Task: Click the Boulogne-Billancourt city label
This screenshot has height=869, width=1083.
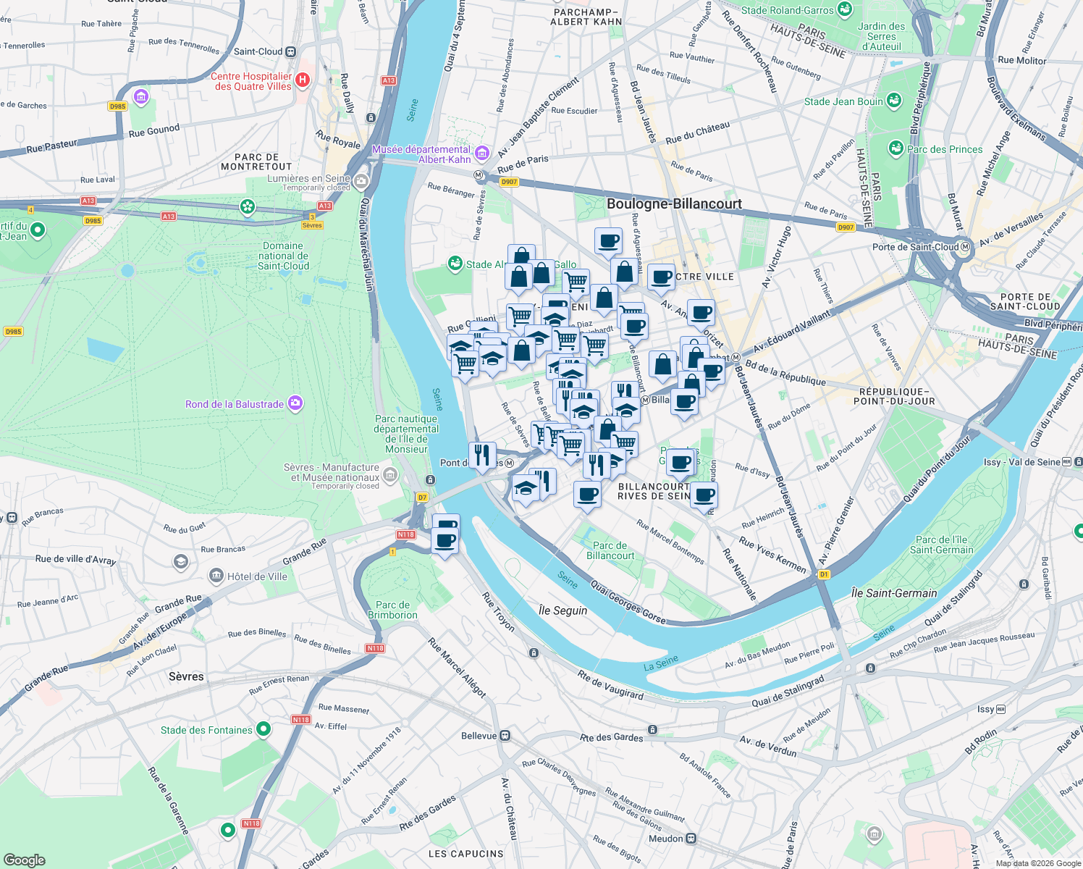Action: [674, 203]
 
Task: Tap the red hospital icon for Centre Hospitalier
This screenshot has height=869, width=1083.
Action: [303, 80]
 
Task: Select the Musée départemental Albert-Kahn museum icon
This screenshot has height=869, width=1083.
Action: [482, 153]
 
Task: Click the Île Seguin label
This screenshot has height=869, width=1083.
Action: [563, 610]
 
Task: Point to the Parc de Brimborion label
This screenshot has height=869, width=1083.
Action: [392, 610]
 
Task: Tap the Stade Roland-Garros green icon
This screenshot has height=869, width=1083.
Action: [844, 9]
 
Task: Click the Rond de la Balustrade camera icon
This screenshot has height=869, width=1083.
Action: [295, 403]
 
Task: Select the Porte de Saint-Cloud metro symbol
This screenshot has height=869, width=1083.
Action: [964, 247]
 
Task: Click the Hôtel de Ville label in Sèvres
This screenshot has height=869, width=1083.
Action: [257, 576]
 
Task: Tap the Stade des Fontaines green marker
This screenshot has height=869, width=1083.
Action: [264, 729]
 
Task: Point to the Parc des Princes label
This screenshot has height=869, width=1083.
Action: [945, 149]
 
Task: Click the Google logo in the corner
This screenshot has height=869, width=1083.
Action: [25, 860]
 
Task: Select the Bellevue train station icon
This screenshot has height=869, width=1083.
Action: [505, 736]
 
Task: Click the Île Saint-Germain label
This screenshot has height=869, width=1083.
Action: [894, 593]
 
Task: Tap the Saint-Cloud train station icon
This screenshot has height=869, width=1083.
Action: [290, 51]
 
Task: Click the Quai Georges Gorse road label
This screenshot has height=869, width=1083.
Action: [628, 601]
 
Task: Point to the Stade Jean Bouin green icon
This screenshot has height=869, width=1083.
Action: [894, 101]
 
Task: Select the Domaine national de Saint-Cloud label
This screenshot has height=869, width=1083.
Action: [284, 256]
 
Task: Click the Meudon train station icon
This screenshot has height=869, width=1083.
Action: [691, 839]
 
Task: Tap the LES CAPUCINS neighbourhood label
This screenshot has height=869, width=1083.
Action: [465, 854]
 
